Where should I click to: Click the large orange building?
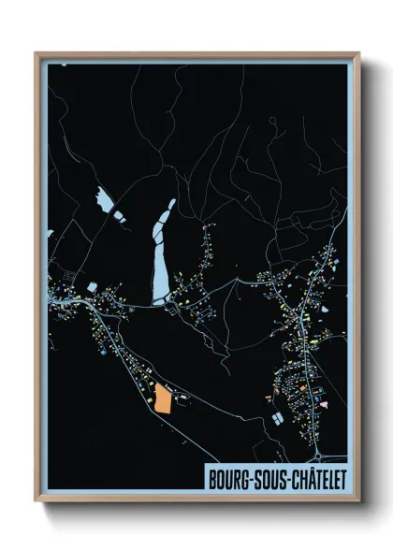163,399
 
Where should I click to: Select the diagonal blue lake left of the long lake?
106,203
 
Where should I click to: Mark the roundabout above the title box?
317,456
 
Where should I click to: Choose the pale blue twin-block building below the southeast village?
278,418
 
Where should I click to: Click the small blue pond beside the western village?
92,285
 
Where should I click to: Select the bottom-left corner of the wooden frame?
36,503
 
